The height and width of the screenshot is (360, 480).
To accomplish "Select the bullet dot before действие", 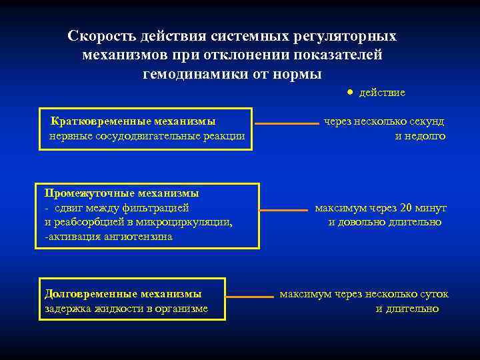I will (x=351, y=92).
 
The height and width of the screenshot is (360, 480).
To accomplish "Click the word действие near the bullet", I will (x=382, y=93).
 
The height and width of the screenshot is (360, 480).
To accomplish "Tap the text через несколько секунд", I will (x=384, y=122).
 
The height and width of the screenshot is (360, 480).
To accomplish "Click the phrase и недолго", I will (x=420, y=137).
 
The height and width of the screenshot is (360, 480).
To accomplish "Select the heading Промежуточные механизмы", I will (x=121, y=193).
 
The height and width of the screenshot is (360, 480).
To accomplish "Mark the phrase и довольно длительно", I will (x=385, y=222).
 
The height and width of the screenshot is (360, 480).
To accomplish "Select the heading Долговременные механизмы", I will (x=123, y=293).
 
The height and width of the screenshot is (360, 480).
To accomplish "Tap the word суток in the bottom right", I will (x=434, y=294).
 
